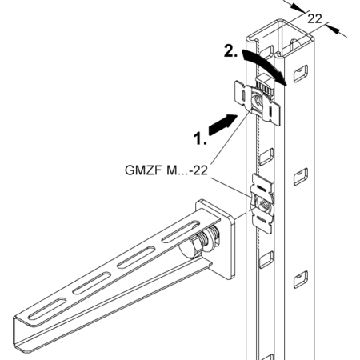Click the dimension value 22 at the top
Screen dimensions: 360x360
point(314,19)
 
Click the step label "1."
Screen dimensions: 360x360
point(200,138)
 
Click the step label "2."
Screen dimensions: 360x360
point(230,50)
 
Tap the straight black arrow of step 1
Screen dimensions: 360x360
point(222,124)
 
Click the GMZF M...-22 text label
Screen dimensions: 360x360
point(166,170)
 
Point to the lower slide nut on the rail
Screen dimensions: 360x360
point(262,204)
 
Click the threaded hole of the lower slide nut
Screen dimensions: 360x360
point(265,205)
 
